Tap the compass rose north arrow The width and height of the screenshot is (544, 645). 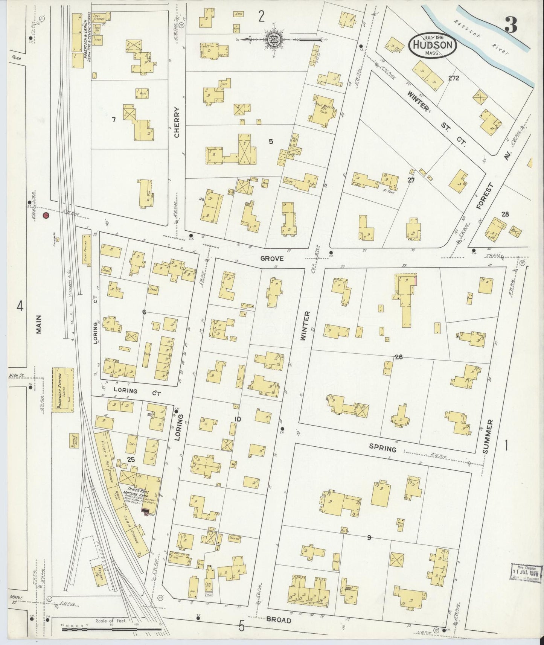point(273,39)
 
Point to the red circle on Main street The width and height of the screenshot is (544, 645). point(46,216)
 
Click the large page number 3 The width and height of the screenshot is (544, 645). point(511,26)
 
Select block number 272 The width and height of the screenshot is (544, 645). point(454,78)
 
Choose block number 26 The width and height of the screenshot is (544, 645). point(399,357)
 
